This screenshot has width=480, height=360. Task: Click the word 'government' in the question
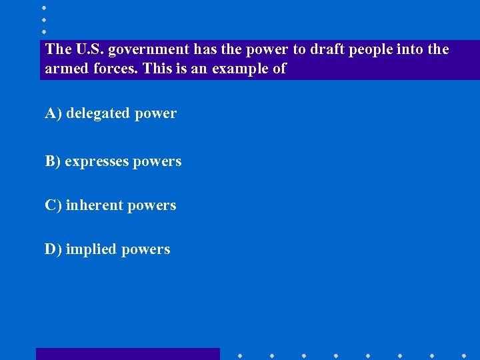pos(149,50)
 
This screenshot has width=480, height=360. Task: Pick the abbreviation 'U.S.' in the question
pos(89,49)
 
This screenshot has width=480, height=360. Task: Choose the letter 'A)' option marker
pos(53,114)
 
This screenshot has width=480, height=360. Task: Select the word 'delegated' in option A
pos(98,114)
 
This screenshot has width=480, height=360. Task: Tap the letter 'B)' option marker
pos(53,161)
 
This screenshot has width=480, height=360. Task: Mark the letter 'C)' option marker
pos(53,205)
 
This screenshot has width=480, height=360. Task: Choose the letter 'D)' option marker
pos(53,249)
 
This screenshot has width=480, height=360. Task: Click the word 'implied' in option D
pos(90,250)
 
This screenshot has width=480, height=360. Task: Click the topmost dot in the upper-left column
pos(44,7)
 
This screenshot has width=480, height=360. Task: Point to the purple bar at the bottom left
pos(127,354)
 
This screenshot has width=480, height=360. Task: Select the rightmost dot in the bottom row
pos(464,355)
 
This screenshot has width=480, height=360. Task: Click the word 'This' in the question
pos(157,69)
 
